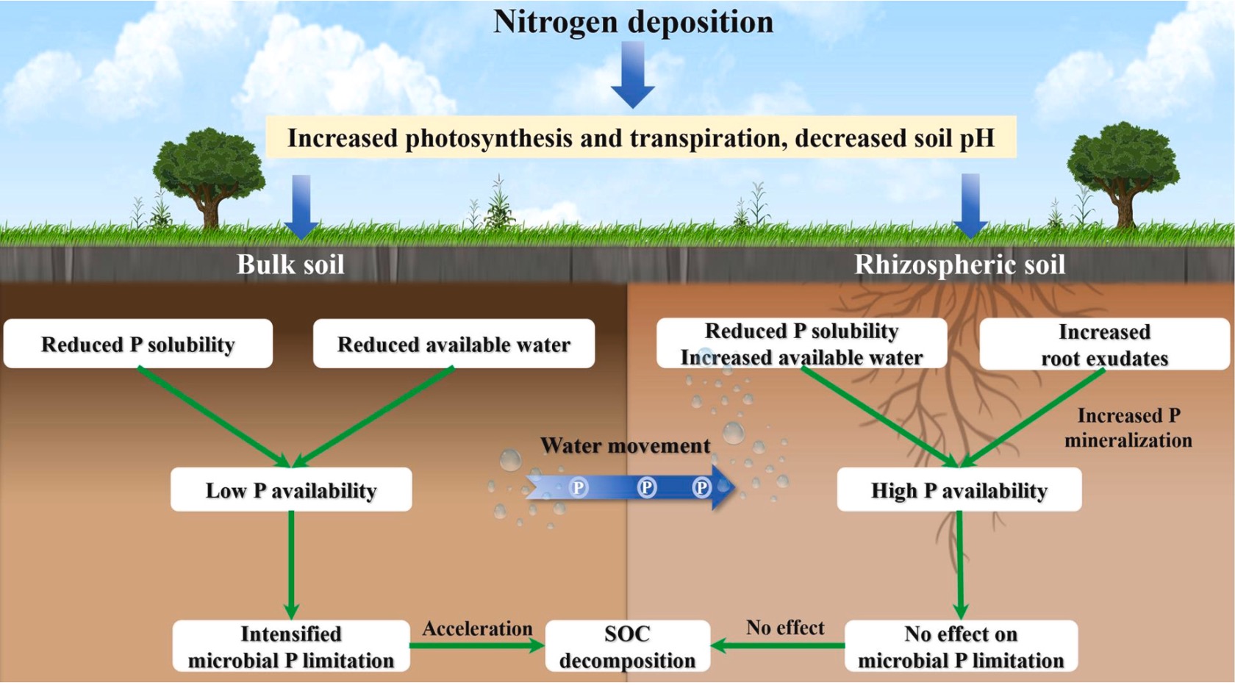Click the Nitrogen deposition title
pos(633,22)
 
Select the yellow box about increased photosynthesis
pos(640,137)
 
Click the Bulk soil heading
pos(290,265)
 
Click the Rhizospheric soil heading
pos(959,265)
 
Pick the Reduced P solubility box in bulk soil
pos(138,344)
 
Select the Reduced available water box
pos(454,344)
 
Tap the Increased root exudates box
pos(1104,345)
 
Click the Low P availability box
pos(291,490)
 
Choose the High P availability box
pos(959,490)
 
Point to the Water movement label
pos(625,445)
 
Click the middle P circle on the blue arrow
pos(647,487)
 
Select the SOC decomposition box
pos(627,647)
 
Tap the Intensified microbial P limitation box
pos(291,647)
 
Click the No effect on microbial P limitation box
pos(961,647)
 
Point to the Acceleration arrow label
pos(477,628)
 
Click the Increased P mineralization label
pos(1128,428)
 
